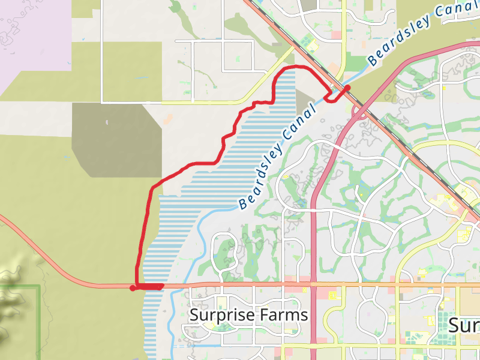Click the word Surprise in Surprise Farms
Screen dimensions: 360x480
coord(220,315)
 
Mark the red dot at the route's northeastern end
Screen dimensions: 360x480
coord(347,88)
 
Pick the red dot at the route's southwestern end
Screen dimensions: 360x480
coord(133,288)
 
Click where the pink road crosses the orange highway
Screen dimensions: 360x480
coord(313,284)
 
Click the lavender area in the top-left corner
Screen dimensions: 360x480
coord(30,36)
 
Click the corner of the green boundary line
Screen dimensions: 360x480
coord(40,286)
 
